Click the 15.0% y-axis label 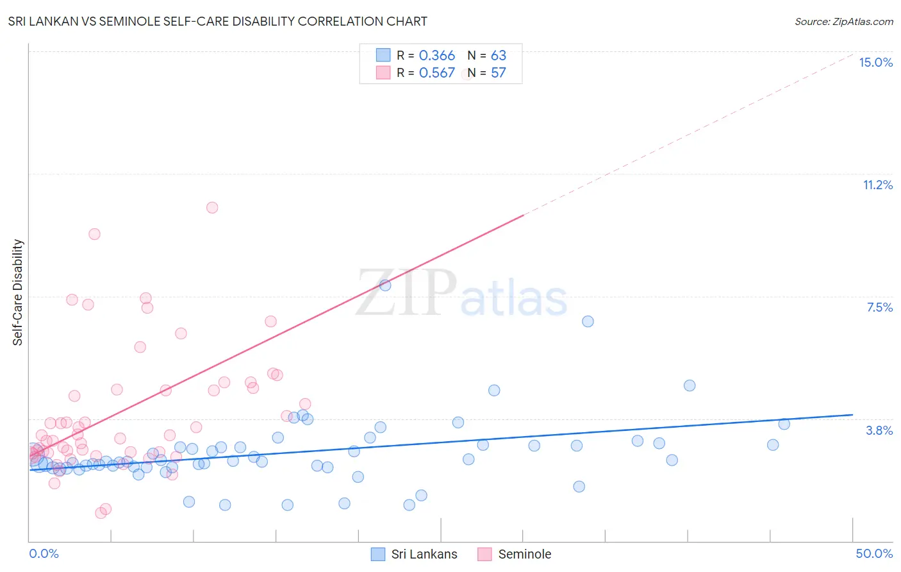(x=875, y=62)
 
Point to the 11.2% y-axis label (x=877, y=185)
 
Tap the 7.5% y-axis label (x=879, y=307)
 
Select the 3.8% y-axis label (x=879, y=430)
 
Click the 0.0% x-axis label (x=44, y=553)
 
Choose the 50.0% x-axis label (x=874, y=553)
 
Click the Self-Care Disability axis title (x=18, y=292)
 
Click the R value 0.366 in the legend (x=436, y=56)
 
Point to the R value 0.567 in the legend (x=436, y=73)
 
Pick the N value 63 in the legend (x=498, y=56)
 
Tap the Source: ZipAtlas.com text (x=843, y=22)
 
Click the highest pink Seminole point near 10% (x=212, y=208)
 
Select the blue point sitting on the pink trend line (x=385, y=285)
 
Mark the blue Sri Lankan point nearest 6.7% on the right (x=588, y=321)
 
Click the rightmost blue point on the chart (x=784, y=424)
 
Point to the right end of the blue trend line (x=852, y=415)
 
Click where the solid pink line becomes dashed (x=524, y=215)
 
